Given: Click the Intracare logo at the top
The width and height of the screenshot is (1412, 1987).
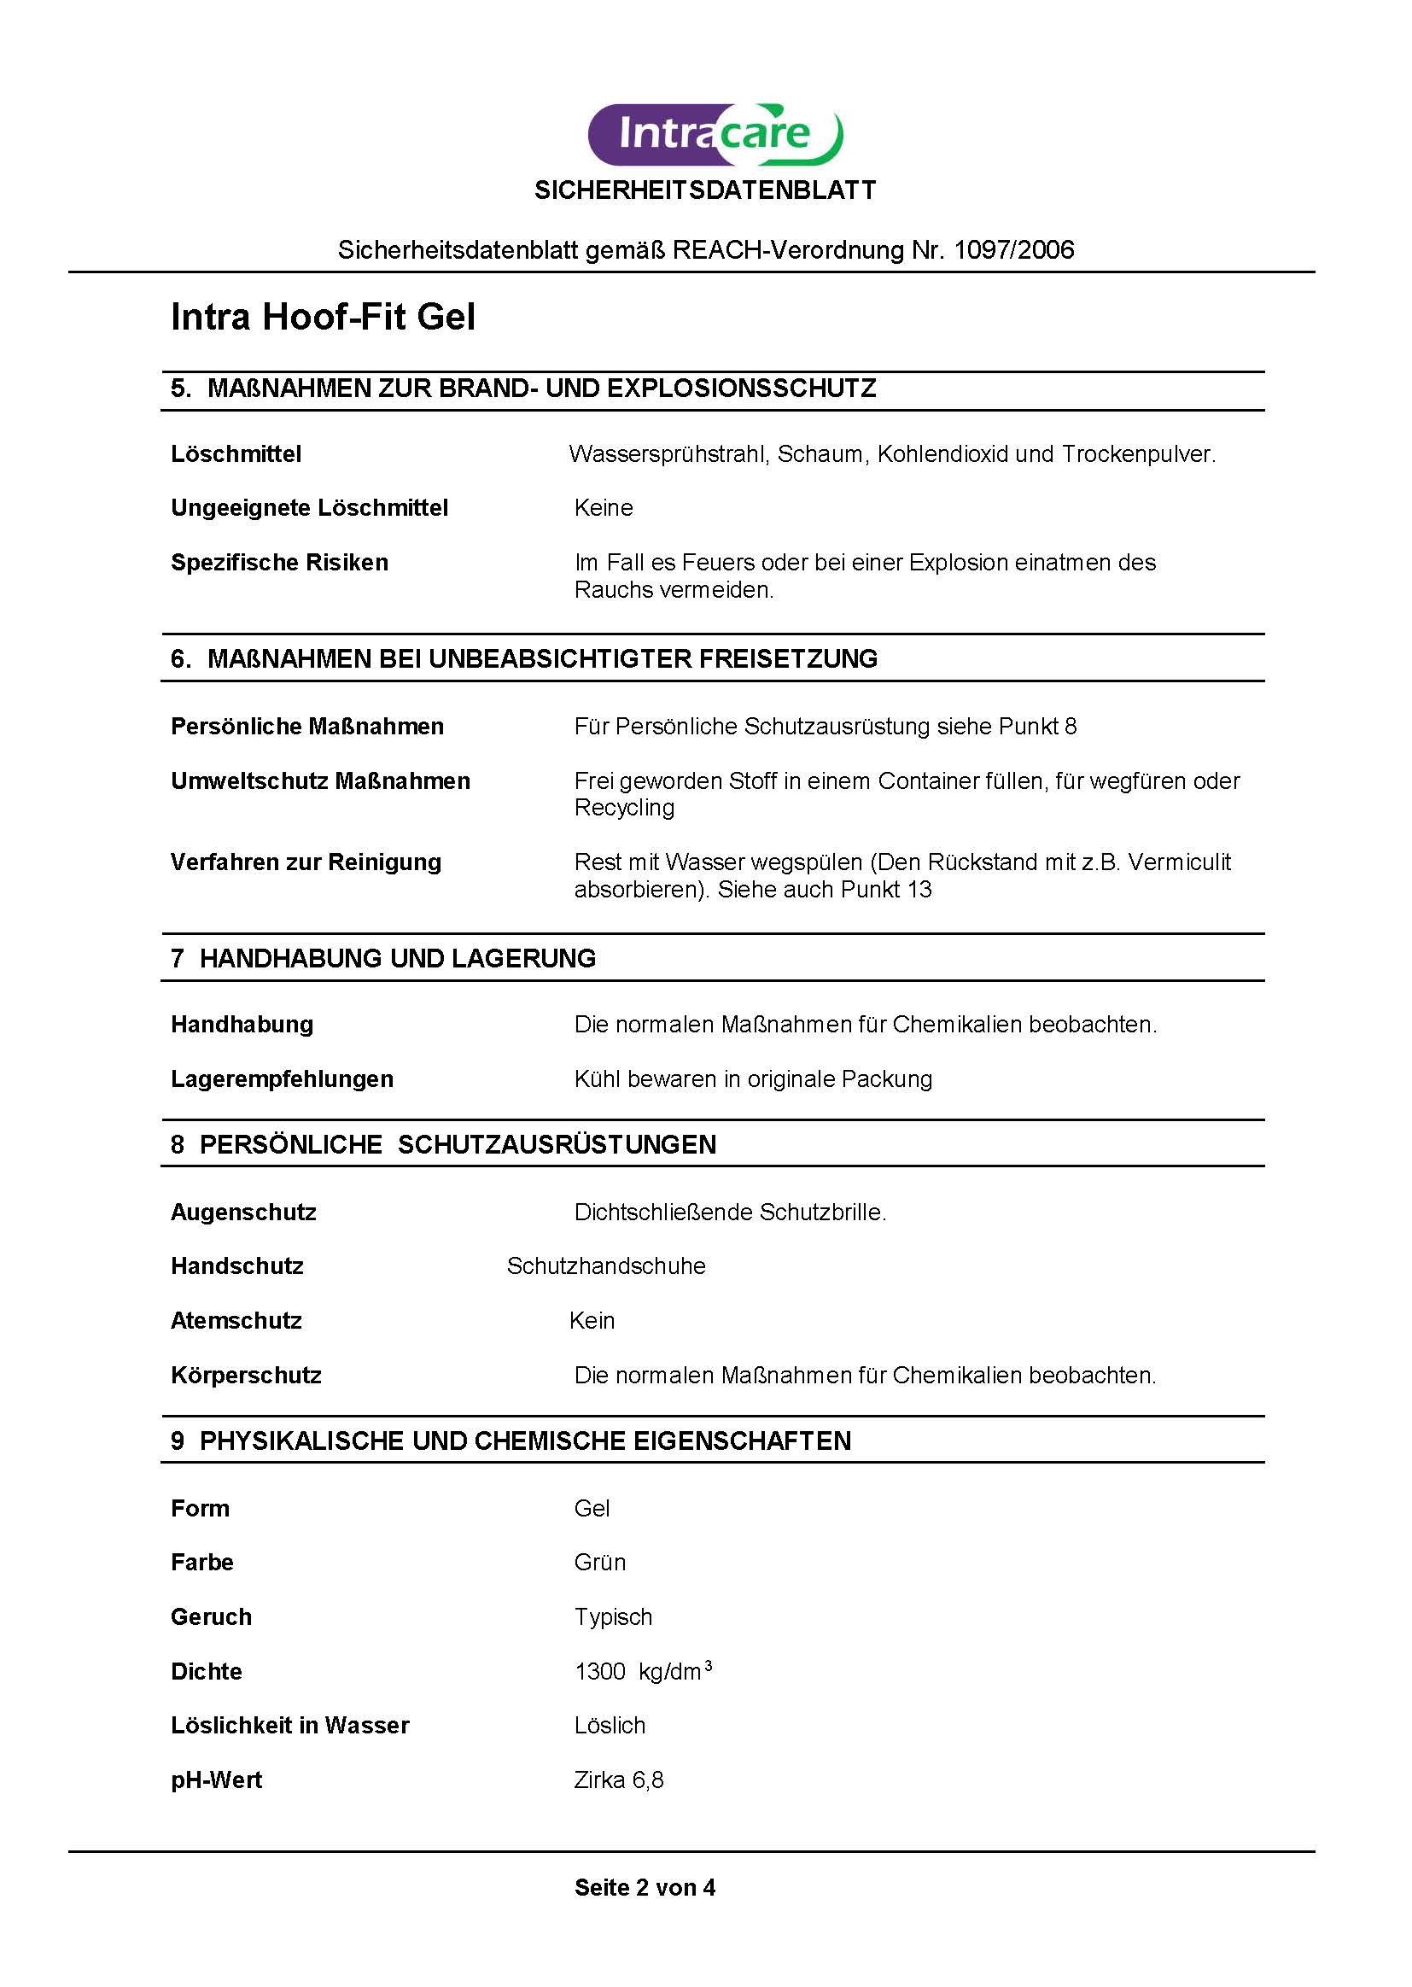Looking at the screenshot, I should click(715, 135).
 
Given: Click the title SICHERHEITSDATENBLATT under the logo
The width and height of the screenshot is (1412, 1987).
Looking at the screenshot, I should click(705, 190).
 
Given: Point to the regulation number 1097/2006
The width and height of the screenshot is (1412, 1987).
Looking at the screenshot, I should click(1014, 250).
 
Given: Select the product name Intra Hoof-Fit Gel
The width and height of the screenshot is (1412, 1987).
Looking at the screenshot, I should click(323, 318).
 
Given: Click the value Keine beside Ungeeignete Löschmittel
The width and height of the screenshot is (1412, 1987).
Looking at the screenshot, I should click(604, 508).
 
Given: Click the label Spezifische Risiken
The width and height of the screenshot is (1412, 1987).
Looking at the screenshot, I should click(279, 563).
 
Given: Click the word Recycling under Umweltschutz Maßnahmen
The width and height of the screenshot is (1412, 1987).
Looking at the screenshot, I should click(624, 808).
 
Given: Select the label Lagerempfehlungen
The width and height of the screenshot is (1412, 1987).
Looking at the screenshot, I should click(282, 1079).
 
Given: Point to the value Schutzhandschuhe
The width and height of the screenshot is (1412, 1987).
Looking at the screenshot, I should click(606, 1266).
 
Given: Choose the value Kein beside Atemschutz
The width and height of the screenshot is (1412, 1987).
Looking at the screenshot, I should click(592, 1321).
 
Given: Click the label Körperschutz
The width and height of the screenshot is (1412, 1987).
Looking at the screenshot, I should click(246, 1376).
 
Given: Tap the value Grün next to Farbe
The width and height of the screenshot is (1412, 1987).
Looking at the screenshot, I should click(600, 1563).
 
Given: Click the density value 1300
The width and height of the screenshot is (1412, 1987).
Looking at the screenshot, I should click(600, 1672).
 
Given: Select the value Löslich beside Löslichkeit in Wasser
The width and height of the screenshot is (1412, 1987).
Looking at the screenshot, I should click(610, 1726).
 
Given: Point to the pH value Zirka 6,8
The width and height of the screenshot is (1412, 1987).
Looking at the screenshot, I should click(618, 1780).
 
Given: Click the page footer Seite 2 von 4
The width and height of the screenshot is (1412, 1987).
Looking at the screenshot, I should click(645, 1888).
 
